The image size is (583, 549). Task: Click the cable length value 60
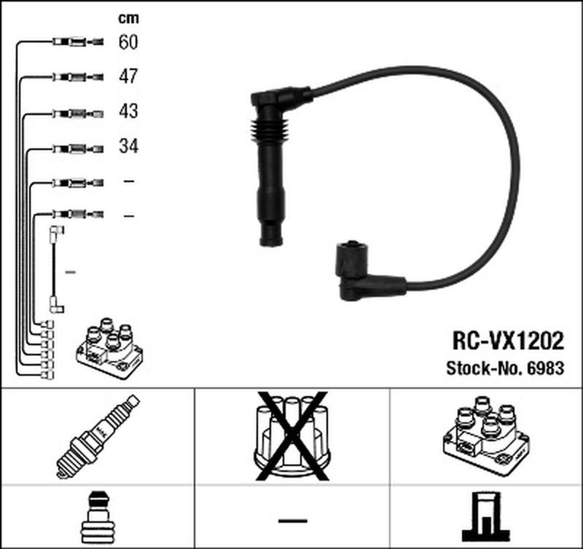(128, 42)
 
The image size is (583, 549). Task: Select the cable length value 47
(128, 76)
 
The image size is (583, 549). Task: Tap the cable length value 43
(128, 111)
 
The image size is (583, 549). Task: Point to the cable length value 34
(128, 146)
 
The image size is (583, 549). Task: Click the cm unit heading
(128, 18)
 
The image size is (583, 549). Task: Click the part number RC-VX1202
(508, 341)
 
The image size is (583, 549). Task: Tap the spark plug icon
(98, 437)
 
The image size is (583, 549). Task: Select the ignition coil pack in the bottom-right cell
(486, 435)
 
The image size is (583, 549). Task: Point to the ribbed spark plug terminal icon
(98, 518)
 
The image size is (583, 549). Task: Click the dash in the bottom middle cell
(293, 521)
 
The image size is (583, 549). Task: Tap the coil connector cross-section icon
(486, 517)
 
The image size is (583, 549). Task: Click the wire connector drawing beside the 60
(78, 42)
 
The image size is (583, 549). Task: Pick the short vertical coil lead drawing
(56, 269)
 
